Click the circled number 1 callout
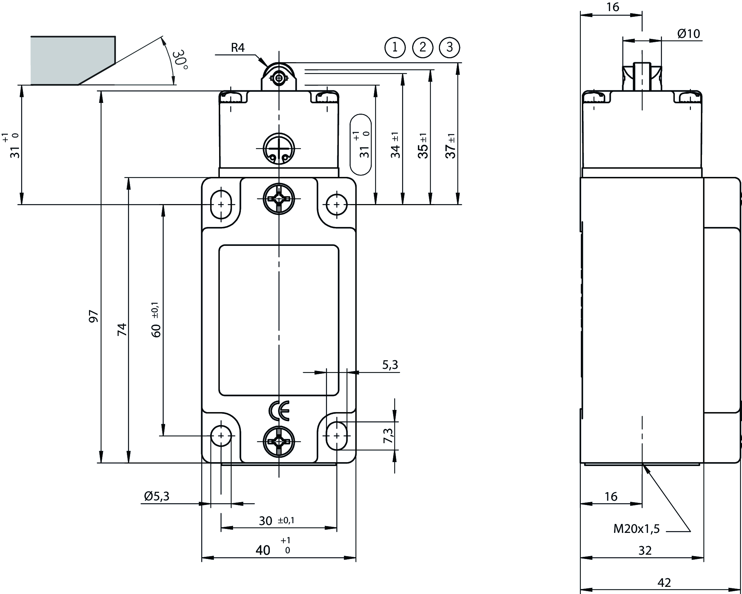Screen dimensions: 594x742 [395, 47]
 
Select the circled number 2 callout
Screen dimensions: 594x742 [422, 47]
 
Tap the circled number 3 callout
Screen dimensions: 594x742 [450, 47]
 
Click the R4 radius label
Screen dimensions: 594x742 [238, 48]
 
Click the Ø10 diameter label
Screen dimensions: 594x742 [688, 34]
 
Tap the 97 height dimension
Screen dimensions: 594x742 [93, 316]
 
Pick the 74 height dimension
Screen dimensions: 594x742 [122, 329]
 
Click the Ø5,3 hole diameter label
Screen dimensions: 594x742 [157, 496]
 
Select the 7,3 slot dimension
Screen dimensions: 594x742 [388, 436]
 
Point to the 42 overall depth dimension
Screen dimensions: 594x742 [664, 583]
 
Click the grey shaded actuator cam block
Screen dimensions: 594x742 [71, 60]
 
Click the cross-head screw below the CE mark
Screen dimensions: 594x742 [279, 442]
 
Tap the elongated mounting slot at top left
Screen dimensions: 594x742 [221, 204]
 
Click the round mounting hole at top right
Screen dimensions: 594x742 [336, 204]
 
